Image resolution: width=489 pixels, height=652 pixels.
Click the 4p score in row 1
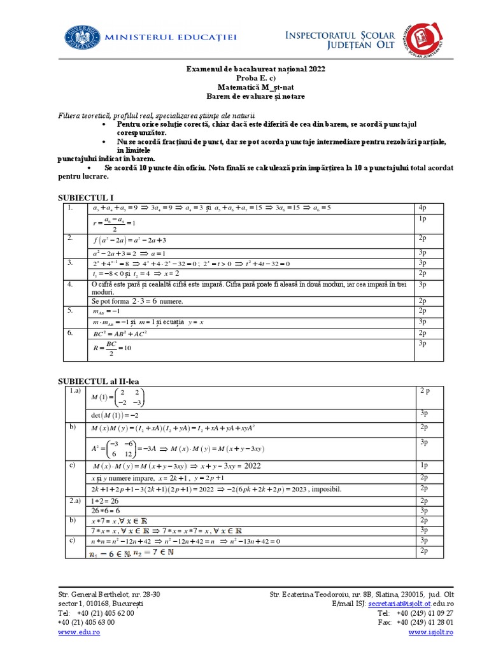pos(422,208)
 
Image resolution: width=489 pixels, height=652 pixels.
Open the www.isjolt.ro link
pos(431,632)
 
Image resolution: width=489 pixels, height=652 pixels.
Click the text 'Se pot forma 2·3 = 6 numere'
pos(138,301)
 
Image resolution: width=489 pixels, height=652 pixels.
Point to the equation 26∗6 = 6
pos(105,511)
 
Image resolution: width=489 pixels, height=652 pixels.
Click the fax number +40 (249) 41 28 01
pos(425,622)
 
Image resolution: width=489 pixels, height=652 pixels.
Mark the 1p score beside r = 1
pos(422,219)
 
